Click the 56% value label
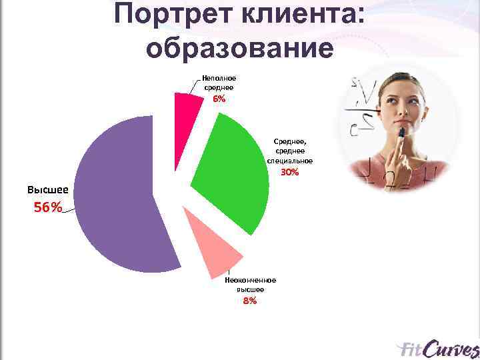pos(47,207)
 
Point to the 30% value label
pos(290,172)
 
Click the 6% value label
pos(219,99)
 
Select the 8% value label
pos(250,301)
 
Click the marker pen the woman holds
pos(402,137)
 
